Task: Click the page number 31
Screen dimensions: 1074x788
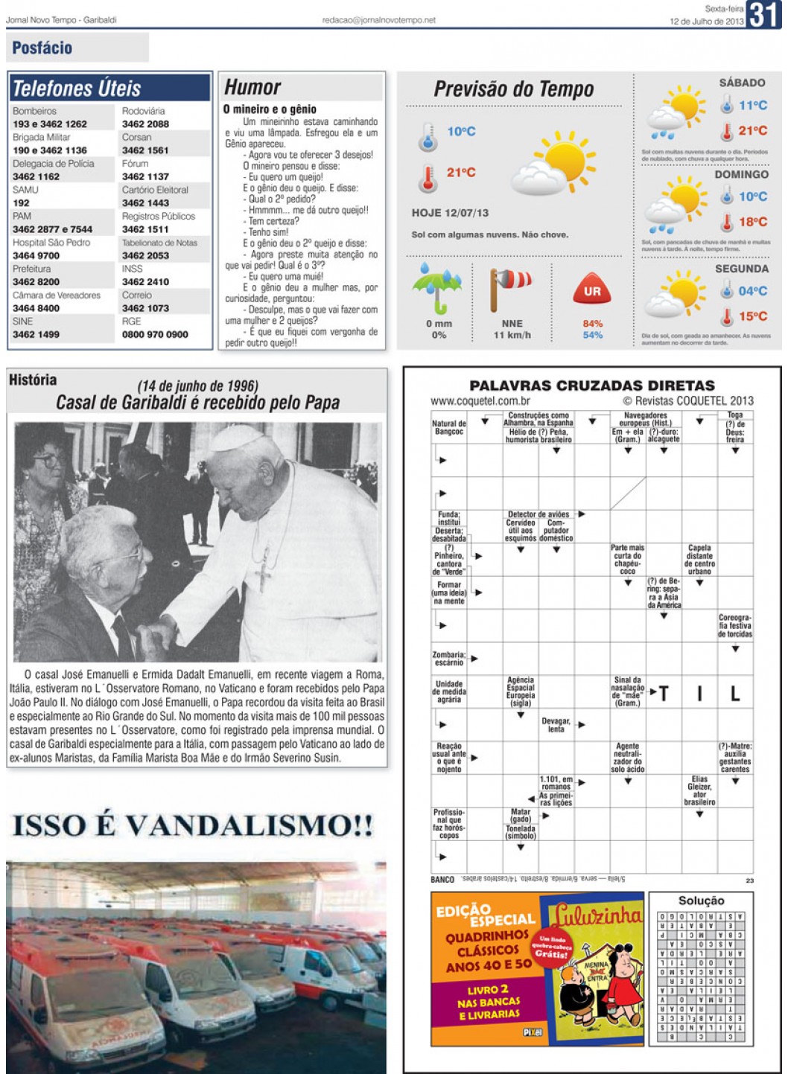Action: coord(764,15)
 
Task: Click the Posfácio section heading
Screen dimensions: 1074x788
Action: coord(42,48)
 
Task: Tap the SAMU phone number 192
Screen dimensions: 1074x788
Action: coord(21,202)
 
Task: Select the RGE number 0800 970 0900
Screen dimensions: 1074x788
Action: coord(155,335)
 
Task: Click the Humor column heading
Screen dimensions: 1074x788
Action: coord(252,88)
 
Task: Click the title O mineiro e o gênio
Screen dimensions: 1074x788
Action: coord(270,109)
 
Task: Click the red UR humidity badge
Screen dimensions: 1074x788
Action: coord(592,291)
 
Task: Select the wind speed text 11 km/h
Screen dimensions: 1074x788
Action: coord(512,335)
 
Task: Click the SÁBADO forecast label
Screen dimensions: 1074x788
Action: coord(742,83)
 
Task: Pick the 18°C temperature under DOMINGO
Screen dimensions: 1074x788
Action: coord(752,222)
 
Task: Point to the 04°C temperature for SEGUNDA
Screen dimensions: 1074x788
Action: coord(752,291)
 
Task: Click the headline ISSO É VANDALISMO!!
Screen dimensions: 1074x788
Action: coord(192,825)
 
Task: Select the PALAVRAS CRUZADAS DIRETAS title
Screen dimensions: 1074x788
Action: coord(591,386)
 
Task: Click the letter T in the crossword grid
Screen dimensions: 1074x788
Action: coord(664,694)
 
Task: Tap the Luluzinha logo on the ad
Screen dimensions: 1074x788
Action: coord(596,915)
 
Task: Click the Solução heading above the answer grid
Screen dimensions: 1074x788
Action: coord(701,901)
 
